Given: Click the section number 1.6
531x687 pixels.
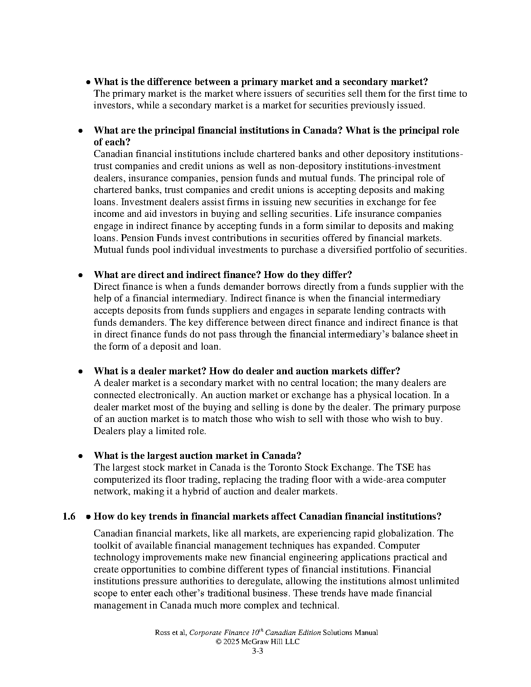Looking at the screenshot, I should click(x=69, y=517).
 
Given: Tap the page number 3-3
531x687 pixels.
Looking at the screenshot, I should click(x=258, y=651).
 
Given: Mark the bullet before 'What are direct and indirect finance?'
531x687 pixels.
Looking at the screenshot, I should click(x=80, y=275).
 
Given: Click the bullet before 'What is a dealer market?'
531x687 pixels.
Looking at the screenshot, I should click(x=80, y=372).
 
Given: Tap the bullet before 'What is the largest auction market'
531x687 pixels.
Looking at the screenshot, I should click(x=80, y=456).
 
